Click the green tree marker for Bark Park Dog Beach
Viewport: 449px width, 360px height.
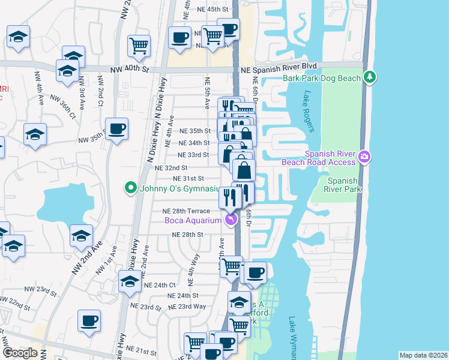[x=371, y=77]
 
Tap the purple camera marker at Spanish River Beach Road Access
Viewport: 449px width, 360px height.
[x=364, y=158]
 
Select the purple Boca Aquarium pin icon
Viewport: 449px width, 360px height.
[x=231, y=220]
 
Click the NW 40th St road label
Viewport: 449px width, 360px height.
[x=129, y=70]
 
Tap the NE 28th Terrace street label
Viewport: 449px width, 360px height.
[x=186, y=211]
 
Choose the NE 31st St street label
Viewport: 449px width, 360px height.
[x=188, y=179]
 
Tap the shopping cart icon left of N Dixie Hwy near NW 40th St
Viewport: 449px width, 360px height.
[x=139, y=45]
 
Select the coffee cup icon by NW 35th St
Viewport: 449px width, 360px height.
[x=116, y=128]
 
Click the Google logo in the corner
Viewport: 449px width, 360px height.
[x=20, y=353]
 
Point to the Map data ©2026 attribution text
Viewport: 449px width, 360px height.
[x=423, y=355]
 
